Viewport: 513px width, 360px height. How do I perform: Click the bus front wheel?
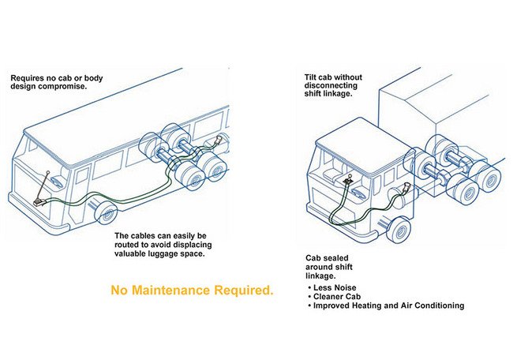click(x=106, y=212)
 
